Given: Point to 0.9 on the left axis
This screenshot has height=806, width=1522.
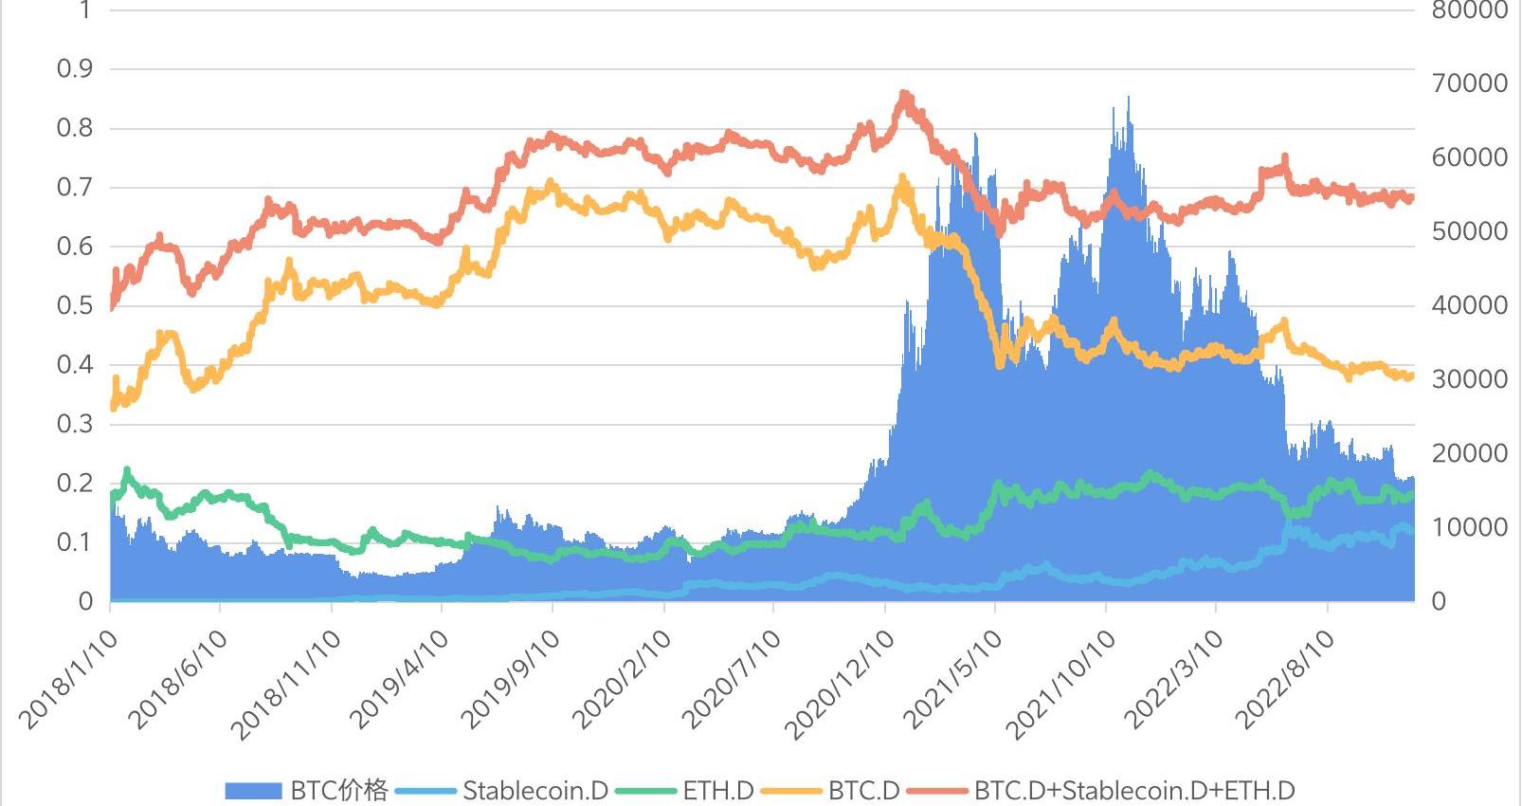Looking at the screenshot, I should tap(75, 69).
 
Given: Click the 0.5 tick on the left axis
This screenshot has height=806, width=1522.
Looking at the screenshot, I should tap(75, 305).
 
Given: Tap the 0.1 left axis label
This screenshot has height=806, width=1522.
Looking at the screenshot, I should tap(75, 542).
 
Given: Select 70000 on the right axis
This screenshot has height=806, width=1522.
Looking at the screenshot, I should tap(1469, 83).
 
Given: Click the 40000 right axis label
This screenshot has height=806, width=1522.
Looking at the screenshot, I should tap(1469, 305).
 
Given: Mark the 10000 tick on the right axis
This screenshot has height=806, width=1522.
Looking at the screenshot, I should tap(1469, 527).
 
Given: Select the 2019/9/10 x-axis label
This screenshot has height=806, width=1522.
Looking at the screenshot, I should tap(511, 680).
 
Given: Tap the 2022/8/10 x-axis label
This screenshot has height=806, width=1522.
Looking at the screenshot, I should tap(1287, 680).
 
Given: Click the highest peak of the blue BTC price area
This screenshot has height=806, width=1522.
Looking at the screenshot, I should tap(1128, 98).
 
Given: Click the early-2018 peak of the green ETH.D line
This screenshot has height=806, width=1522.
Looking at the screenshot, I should tap(127, 470).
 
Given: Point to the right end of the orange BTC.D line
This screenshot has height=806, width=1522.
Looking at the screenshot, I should tap(1411, 376).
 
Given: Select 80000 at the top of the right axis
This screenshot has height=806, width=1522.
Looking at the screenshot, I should tap(1469, 10).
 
